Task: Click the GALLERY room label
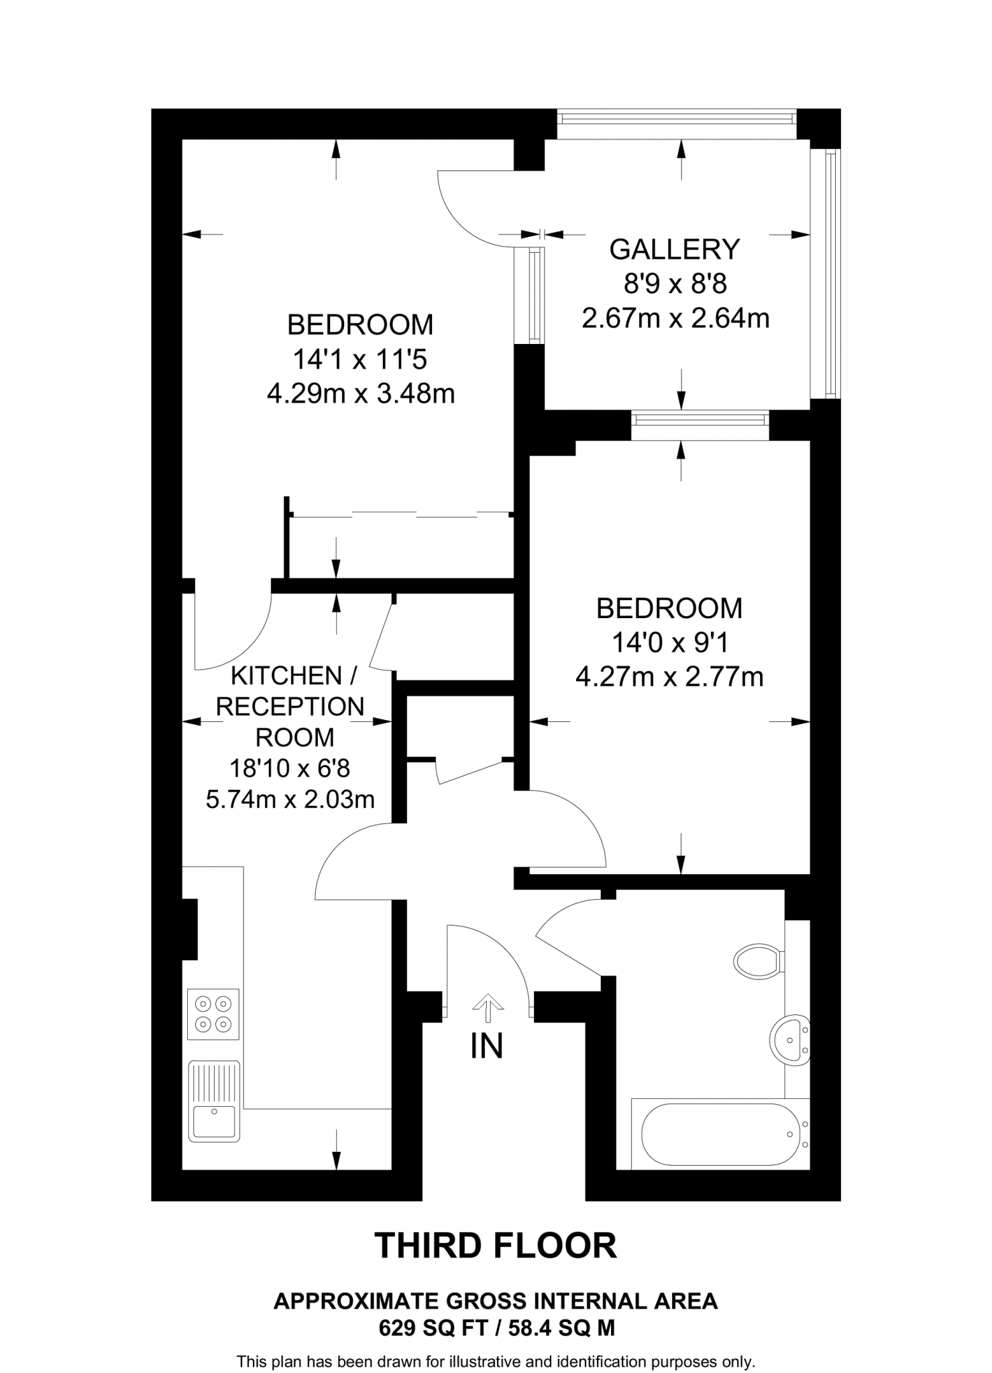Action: tap(674, 249)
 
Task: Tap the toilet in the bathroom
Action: tap(758, 961)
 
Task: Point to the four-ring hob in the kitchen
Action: tap(213, 1014)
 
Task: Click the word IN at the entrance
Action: tap(486, 1046)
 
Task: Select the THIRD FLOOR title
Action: tap(496, 1246)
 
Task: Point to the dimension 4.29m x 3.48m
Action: tap(361, 394)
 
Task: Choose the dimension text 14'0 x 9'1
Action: tap(669, 643)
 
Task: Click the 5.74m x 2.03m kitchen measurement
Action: tap(290, 799)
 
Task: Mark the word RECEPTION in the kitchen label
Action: tap(290, 707)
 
